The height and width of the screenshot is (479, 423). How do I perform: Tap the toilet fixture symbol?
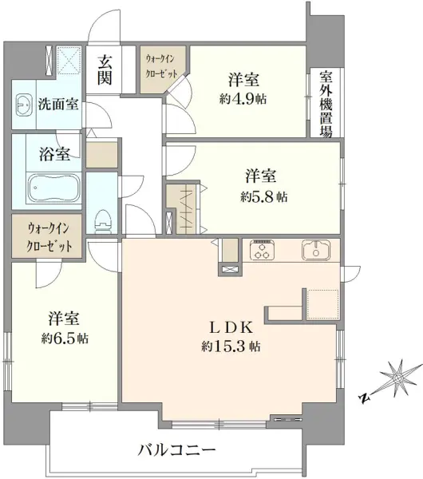pos(104,221)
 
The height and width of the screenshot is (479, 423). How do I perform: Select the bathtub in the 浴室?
pos(54,189)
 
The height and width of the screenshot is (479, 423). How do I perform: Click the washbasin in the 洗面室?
pos(24,105)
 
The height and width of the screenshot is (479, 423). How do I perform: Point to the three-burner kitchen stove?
pos(262,249)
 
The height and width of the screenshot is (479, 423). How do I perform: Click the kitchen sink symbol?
pos(316,250)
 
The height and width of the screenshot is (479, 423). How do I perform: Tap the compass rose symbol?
pos(397,378)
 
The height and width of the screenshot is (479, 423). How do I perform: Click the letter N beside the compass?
pos(364,398)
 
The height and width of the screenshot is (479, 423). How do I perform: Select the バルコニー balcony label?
pos(176,449)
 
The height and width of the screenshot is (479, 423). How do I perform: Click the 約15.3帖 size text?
pos(231,346)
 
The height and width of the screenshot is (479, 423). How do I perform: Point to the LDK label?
pos(231,328)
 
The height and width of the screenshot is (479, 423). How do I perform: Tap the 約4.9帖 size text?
pos(243,99)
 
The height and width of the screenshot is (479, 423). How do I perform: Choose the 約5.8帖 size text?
pos(263,197)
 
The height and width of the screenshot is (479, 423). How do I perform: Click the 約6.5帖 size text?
pos(65,338)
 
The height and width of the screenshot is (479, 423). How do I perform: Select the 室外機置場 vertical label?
pos(326,104)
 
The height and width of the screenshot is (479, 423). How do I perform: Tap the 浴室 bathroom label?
pos(54,154)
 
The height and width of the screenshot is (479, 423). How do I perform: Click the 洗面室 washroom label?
pos(58,105)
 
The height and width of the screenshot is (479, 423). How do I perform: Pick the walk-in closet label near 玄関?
pos(161,66)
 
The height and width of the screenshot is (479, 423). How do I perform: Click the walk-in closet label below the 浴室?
pos(49,237)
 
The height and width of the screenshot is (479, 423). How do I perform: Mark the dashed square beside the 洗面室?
pos(69,60)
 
